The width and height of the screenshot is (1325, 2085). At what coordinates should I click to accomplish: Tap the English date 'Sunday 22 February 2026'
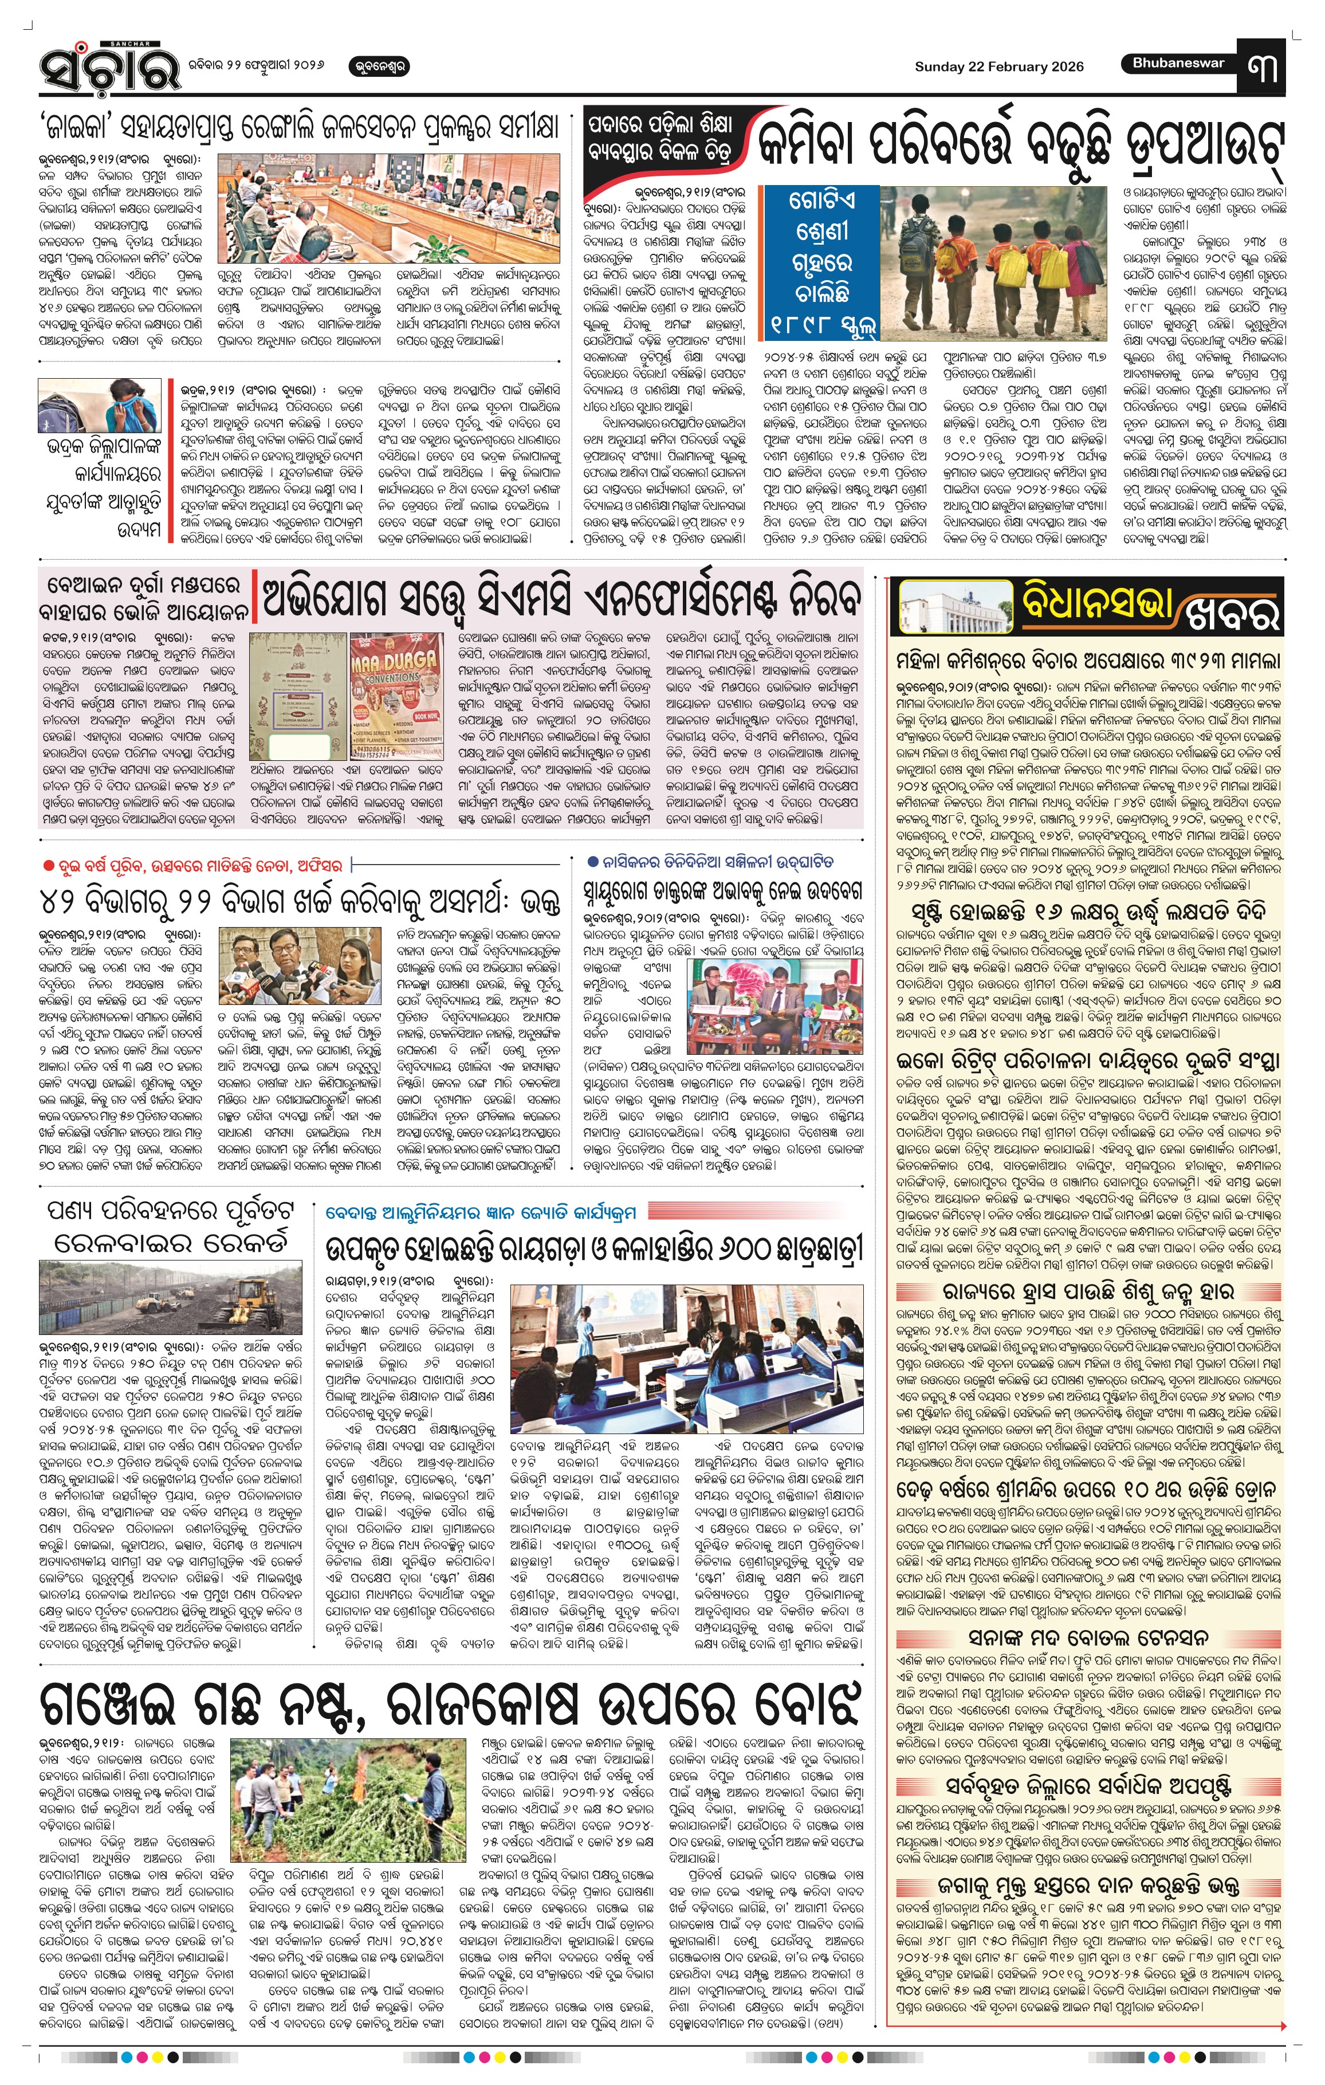point(998,66)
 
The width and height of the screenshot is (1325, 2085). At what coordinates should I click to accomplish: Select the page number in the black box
point(1262,66)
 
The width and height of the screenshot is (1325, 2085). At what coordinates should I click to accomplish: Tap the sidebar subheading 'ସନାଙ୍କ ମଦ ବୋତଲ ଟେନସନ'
point(1088,1636)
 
